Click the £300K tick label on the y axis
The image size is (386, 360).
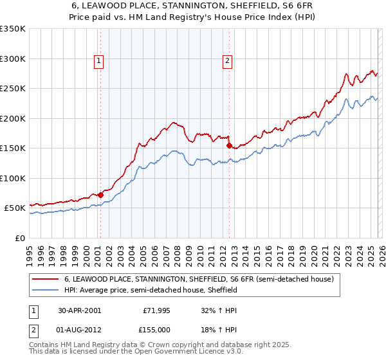(x=13, y=59)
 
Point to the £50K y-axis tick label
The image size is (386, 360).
(x=15, y=208)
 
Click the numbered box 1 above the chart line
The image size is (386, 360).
(x=100, y=62)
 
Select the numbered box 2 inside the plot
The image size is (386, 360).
(x=228, y=62)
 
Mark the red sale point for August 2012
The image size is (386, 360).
(x=229, y=145)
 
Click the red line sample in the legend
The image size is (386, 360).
(x=45, y=280)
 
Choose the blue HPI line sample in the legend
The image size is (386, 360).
(x=45, y=290)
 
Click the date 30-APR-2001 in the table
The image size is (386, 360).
(x=79, y=310)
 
